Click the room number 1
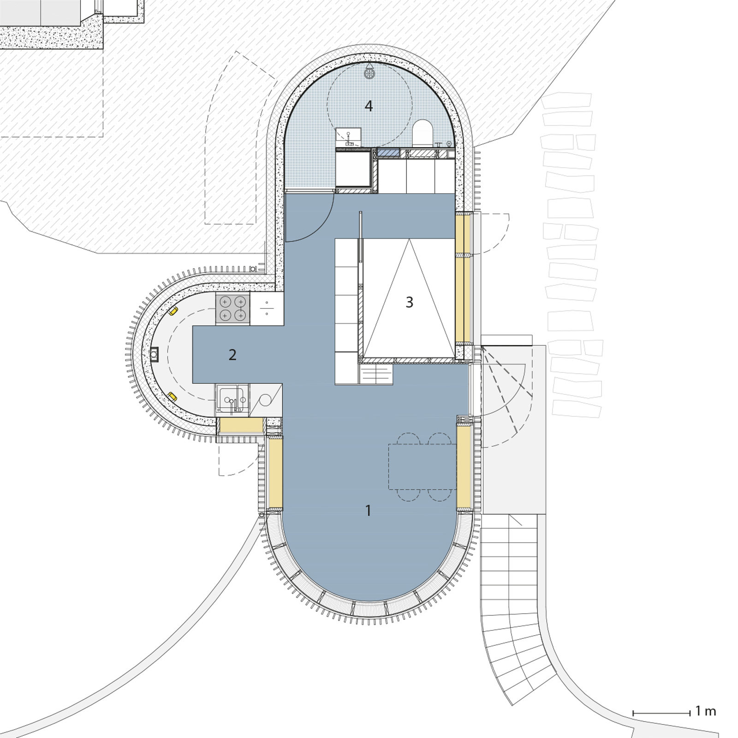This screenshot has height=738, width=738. point(368,511)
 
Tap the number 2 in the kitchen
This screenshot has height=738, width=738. point(232,355)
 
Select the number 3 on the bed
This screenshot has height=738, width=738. point(409,302)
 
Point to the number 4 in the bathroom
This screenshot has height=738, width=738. point(369,106)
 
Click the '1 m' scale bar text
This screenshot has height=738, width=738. point(706,711)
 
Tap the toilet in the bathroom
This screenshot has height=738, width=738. point(422,132)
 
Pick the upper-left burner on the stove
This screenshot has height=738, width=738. point(225,302)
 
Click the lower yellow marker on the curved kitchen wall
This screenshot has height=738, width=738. point(173,396)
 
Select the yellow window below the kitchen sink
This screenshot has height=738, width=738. point(241,425)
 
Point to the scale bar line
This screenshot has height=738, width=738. point(661,713)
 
